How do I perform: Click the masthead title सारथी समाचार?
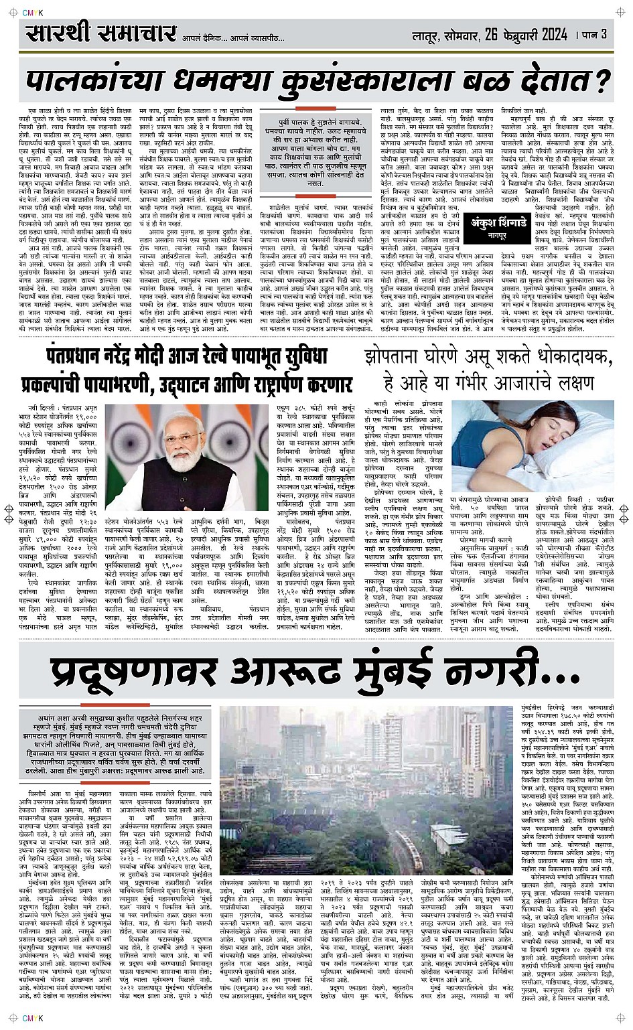tap(101, 34)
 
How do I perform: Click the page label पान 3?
tap(594, 34)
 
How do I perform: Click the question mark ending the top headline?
tap(604, 80)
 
